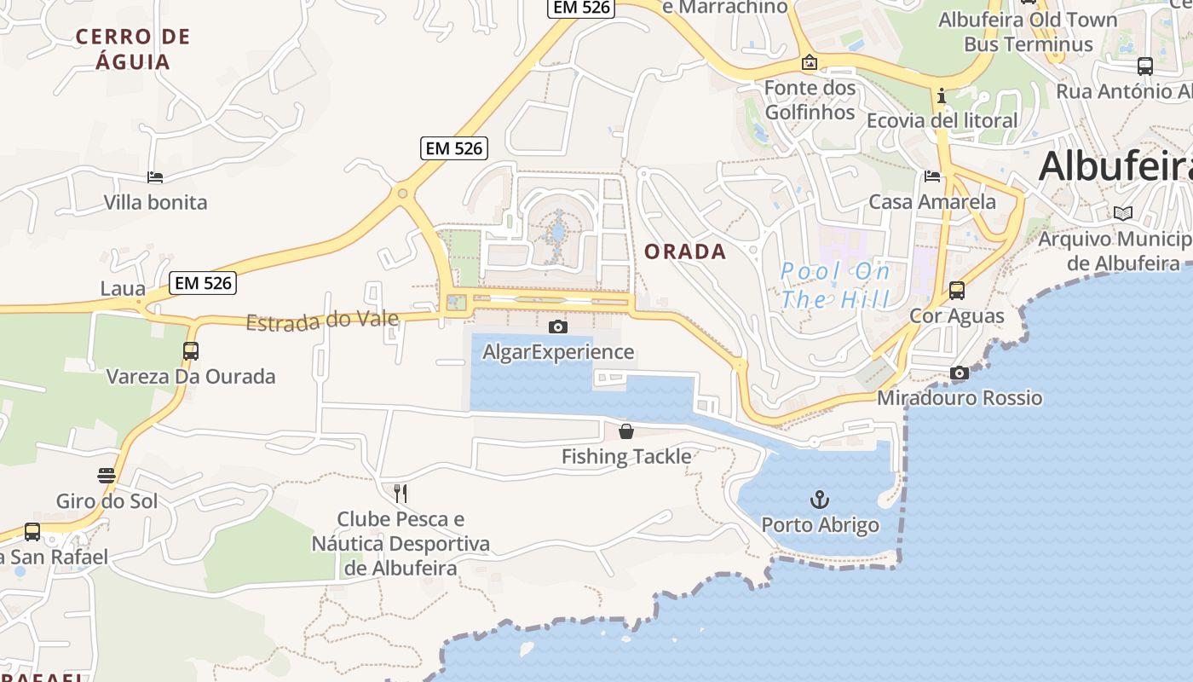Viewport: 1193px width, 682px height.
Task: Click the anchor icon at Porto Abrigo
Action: click(x=820, y=499)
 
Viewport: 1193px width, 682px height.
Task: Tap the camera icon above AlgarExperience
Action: click(x=558, y=327)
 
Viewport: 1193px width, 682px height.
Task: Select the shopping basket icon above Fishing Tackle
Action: click(x=626, y=431)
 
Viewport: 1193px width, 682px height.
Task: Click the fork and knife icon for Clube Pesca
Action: click(x=401, y=493)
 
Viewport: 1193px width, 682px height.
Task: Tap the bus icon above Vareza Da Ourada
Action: click(x=191, y=350)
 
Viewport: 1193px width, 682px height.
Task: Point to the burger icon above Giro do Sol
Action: click(x=107, y=476)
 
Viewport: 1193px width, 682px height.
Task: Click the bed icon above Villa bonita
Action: click(x=155, y=177)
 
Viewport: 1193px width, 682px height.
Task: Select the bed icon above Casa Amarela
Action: click(x=932, y=176)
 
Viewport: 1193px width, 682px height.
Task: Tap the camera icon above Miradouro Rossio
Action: click(x=960, y=373)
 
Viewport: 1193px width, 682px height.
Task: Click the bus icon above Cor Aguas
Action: click(x=957, y=291)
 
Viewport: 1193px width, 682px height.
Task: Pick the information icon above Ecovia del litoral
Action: click(x=942, y=95)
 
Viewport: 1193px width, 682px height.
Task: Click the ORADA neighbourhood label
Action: click(x=685, y=251)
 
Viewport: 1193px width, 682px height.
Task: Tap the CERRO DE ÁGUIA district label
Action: click(x=133, y=49)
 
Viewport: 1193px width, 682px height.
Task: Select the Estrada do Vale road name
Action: click(x=322, y=321)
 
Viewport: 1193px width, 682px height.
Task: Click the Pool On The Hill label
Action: click(x=836, y=286)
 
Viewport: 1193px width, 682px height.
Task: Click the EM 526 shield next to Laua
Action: click(x=202, y=283)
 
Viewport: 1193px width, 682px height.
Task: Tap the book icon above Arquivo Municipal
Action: click(x=1123, y=213)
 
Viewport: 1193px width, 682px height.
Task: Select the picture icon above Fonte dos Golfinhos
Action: click(x=810, y=62)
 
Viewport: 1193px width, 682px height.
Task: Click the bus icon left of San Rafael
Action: click(x=32, y=531)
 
